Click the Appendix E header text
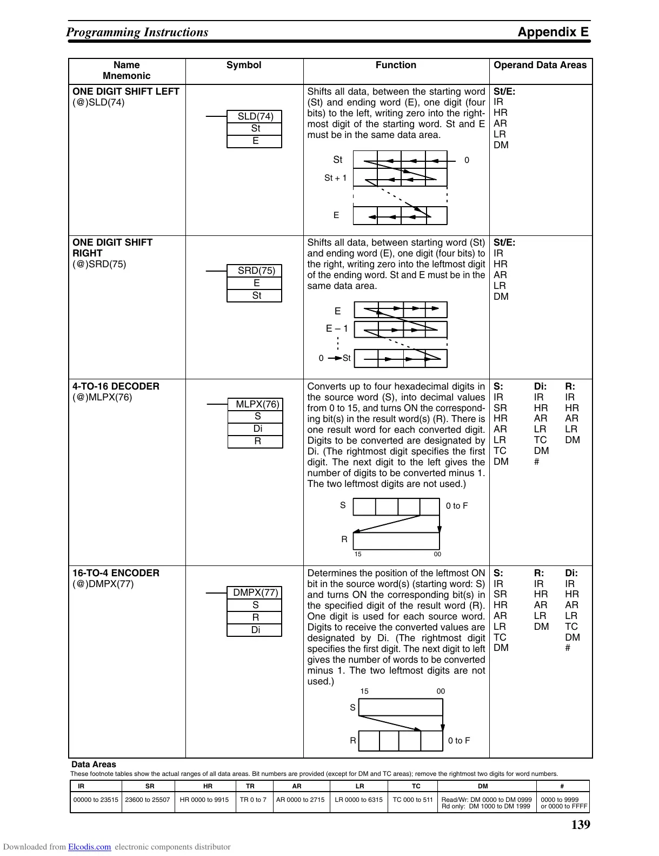coord(553,32)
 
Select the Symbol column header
coord(243,65)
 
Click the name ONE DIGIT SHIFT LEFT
coord(125,91)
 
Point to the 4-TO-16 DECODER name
coord(116,386)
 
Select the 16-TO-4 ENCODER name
coord(116,573)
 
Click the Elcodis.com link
coord(89,847)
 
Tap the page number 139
coord(580,825)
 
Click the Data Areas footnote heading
coord(94,765)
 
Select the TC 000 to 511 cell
coord(412,800)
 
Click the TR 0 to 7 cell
coord(253,800)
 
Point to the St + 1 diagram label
coord(335,178)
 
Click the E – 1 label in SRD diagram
coord(337,328)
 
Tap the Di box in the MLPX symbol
coord(257,429)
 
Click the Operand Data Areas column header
coord(540,65)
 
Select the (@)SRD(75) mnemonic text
coord(99,264)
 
